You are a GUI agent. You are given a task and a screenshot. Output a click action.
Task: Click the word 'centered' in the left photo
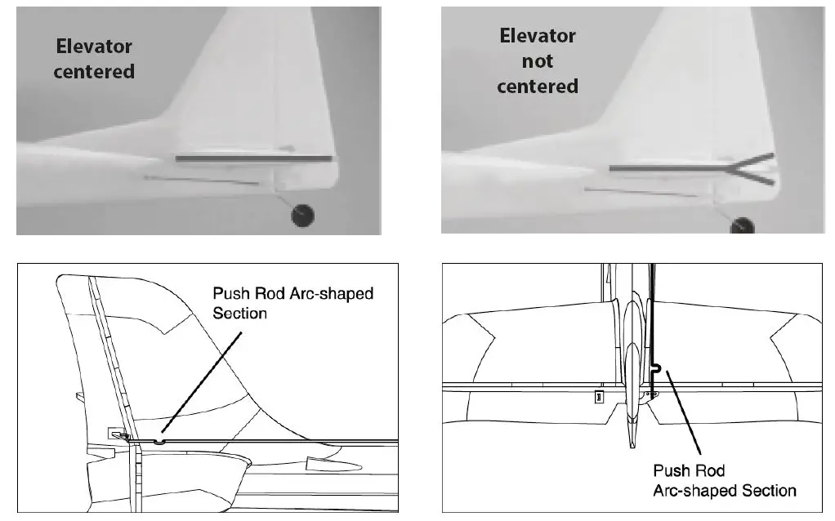tap(94, 71)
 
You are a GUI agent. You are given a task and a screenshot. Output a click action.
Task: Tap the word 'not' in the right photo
tap(537, 61)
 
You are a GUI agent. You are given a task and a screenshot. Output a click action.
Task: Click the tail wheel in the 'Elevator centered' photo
tap(303, 216)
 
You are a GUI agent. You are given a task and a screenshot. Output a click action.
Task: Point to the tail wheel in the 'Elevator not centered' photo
tap(742, 225)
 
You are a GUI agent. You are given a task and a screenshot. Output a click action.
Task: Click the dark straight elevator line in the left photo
tap(255, 158)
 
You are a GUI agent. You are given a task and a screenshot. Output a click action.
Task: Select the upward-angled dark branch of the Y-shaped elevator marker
tap(749, 160)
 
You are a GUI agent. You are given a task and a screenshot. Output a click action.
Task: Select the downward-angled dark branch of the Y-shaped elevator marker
tap(749, 176)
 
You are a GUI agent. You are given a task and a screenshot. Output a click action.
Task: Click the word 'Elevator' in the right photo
tap(537, 37)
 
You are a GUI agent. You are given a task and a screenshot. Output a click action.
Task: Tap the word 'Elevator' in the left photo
tap(94, 47)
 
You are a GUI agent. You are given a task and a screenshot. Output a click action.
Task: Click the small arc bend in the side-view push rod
tap(159, 441)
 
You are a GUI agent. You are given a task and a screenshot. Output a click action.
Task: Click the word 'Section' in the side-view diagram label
tap(239, 313)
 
